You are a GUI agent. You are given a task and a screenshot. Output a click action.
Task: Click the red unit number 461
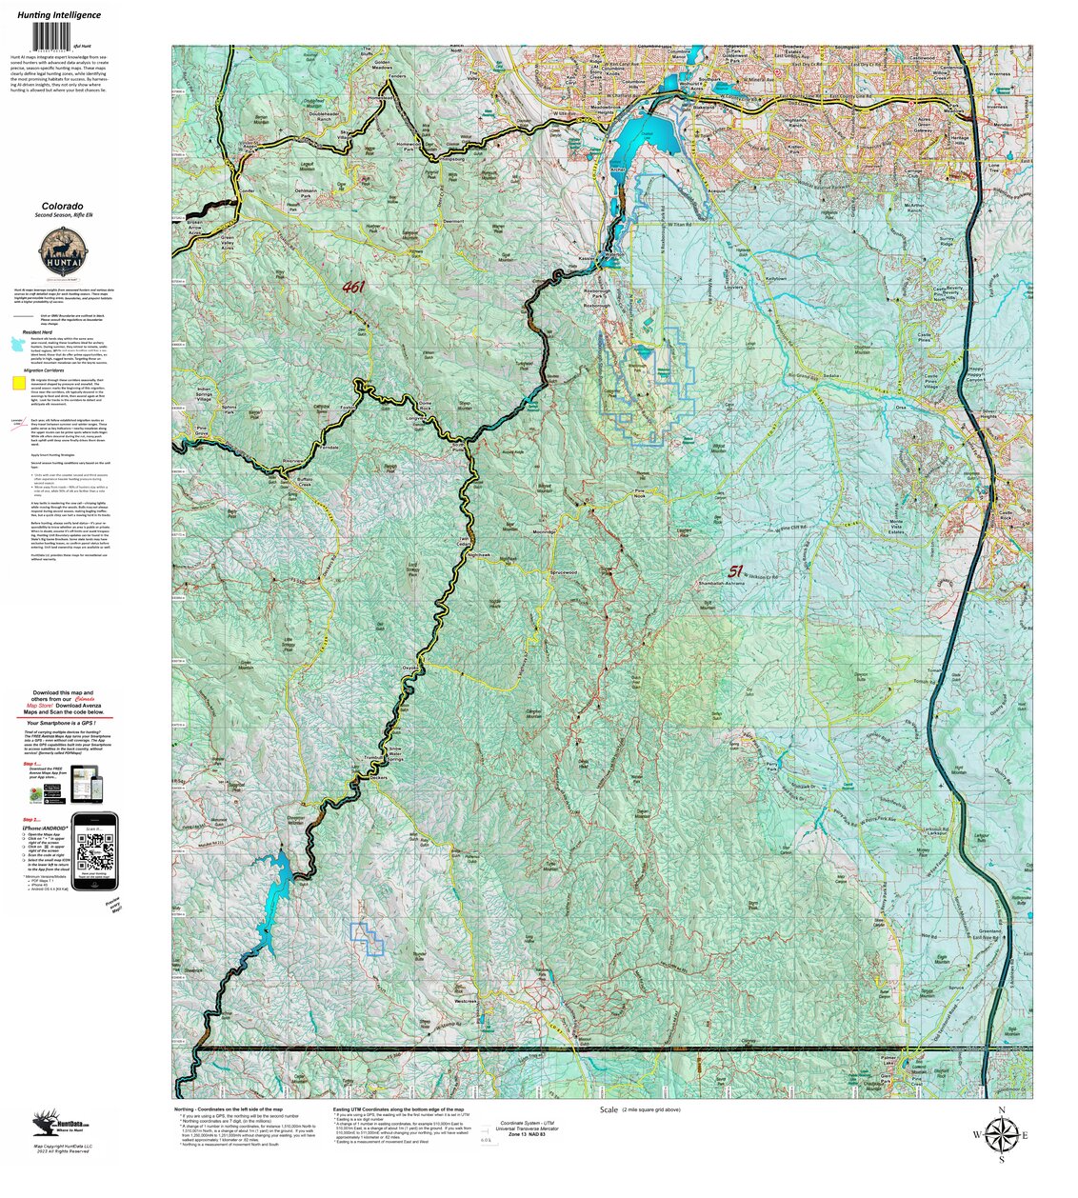[354, 287]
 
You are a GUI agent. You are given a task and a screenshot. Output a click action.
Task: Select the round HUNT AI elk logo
[66, 255]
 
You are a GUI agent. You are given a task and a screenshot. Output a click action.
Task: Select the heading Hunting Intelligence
[59, 15]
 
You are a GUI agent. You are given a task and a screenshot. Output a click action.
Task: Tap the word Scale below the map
[609, 1110]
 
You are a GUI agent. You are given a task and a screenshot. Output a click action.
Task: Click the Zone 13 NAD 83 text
[528, 1134]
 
